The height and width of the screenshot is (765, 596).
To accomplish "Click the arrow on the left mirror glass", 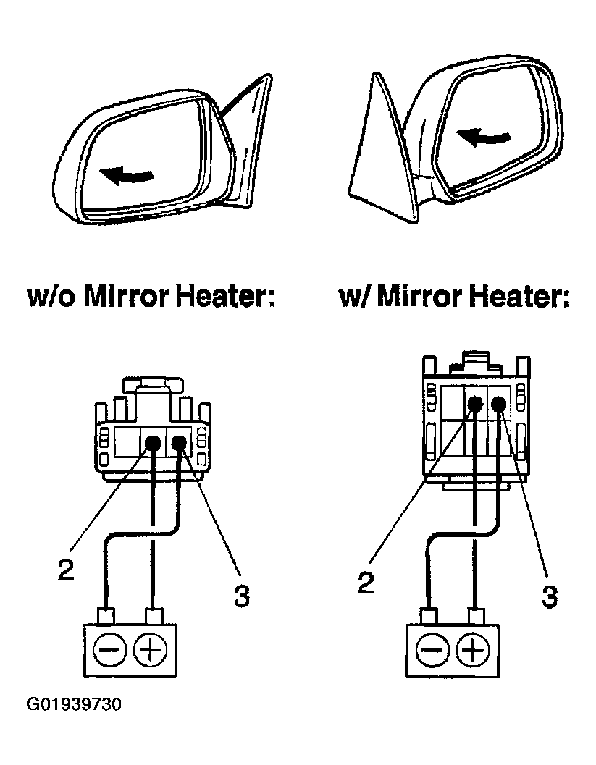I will click(x=126, y=174).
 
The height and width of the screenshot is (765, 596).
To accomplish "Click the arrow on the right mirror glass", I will click(x=483, y=135).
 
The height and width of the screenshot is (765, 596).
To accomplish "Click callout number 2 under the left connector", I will click(x=67, y=570).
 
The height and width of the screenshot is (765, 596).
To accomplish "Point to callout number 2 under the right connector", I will click(x=367, y=583).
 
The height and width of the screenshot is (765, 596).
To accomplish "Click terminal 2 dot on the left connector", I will click(x=153, y=444).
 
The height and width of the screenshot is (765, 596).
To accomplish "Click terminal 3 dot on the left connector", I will click(x=179, y=442).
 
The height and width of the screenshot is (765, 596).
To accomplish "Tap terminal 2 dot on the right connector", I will click(x=475, y=405).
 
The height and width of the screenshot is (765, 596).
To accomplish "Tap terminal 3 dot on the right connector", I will click(x=500, y=405).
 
